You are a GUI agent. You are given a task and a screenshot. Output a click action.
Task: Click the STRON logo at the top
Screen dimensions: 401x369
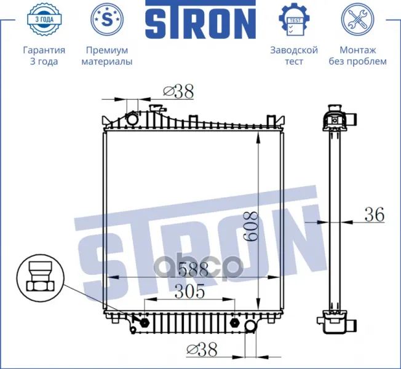(200, 20)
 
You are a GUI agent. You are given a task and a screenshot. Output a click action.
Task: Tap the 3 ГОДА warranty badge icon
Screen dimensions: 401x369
(44, 20)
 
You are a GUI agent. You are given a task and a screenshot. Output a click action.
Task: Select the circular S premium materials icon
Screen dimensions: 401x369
(107, 20)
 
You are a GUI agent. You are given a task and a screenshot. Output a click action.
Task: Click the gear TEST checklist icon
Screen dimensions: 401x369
(294, 20)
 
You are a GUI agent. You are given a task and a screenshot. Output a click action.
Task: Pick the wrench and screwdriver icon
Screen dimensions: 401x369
(357, 20)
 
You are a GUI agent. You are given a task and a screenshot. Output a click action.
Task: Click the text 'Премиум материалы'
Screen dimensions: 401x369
(107, 56)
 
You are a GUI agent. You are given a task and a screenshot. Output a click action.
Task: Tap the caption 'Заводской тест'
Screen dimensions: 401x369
(294, 56)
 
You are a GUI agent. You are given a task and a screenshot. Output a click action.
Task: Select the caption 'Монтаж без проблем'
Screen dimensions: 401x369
(357, 56)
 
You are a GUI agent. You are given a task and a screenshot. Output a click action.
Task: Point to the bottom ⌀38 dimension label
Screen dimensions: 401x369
(202, 350)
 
